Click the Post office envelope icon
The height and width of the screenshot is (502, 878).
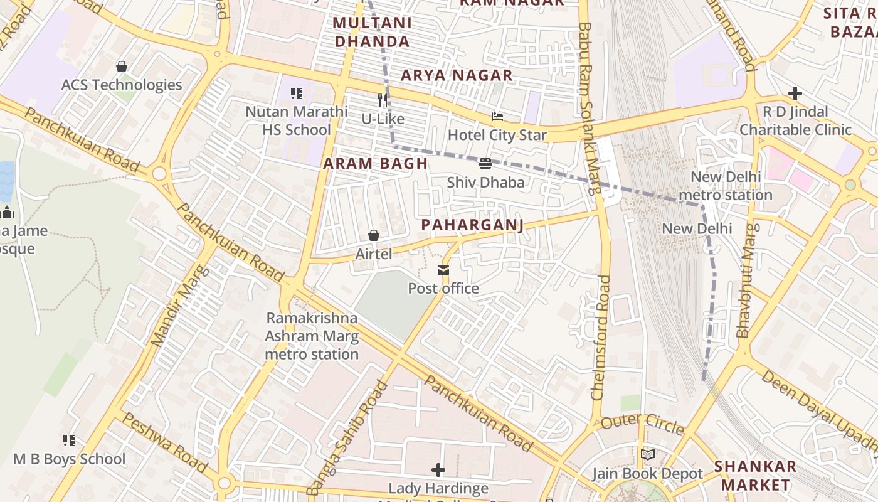tap(443, 270)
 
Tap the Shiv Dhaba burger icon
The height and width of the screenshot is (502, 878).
tap(485, 164)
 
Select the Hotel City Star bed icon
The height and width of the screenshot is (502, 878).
tap(497, 117)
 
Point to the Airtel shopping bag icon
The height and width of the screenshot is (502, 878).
tap(374, 235)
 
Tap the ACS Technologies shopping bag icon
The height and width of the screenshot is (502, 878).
tap(122, 67)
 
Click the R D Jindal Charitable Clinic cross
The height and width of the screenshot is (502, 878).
tap(795, 93)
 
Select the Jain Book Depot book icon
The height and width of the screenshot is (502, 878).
tap(648, 455)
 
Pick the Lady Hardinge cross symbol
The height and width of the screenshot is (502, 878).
tap(438, 469)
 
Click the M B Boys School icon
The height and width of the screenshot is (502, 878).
tap(69, 441)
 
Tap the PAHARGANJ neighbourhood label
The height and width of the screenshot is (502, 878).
tap(472, 225)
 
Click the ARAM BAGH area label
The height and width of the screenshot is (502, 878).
tap(375, 164)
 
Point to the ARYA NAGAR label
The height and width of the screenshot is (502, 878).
tap(457, 75)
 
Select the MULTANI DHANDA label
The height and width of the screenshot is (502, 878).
tap(372, 32)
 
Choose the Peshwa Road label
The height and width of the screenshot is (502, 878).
tap(164, 442)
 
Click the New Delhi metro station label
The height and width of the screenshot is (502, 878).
tap(726, 186)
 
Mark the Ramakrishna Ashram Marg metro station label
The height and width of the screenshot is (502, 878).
tap(312, 336)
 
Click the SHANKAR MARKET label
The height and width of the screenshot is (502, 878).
tap(755, 476)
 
